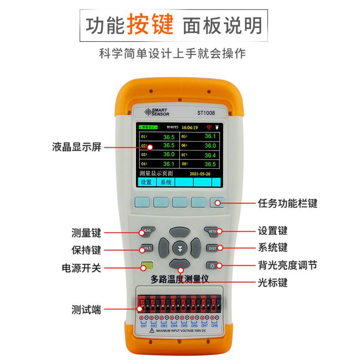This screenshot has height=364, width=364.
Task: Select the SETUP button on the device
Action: pos(212,231)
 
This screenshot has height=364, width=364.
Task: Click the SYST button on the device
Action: pos(212,248)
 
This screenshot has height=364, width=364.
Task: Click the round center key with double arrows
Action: pos(180,248)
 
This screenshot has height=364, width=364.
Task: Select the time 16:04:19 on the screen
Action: pos(190,127)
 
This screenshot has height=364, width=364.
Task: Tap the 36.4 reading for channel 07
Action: pos(210,155)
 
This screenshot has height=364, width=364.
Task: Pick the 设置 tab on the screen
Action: pos(146,182)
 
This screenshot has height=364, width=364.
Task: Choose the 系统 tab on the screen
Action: pos(166,182)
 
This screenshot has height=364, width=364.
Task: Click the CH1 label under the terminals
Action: pos(143,326)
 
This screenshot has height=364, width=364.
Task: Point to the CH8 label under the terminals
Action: pos(215,326)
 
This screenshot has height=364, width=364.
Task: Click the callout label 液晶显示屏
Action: pos(76,147)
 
